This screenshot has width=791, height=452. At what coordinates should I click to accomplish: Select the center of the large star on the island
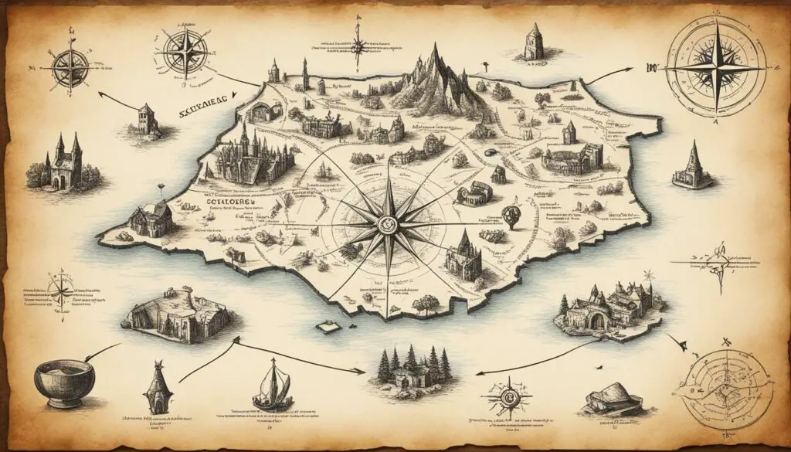click(x=387, y=226)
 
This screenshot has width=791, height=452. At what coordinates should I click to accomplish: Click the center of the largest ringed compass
click(x=718, y=68)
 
